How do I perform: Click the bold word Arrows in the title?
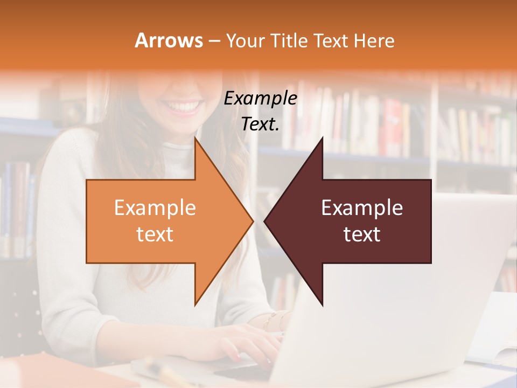[169, 40]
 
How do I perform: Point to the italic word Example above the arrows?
[260, 99]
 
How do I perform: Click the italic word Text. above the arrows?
[260, 124]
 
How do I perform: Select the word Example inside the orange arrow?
[155, 208]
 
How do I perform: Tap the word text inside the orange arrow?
[155, 234]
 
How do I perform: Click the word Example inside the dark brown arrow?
[362, 208]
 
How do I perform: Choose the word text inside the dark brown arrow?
[362, 234]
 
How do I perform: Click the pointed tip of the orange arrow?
[253, 221]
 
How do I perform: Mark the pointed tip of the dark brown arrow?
[264, 221]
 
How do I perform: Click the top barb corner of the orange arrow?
[195, 138]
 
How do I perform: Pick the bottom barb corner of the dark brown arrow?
[322, 305]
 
